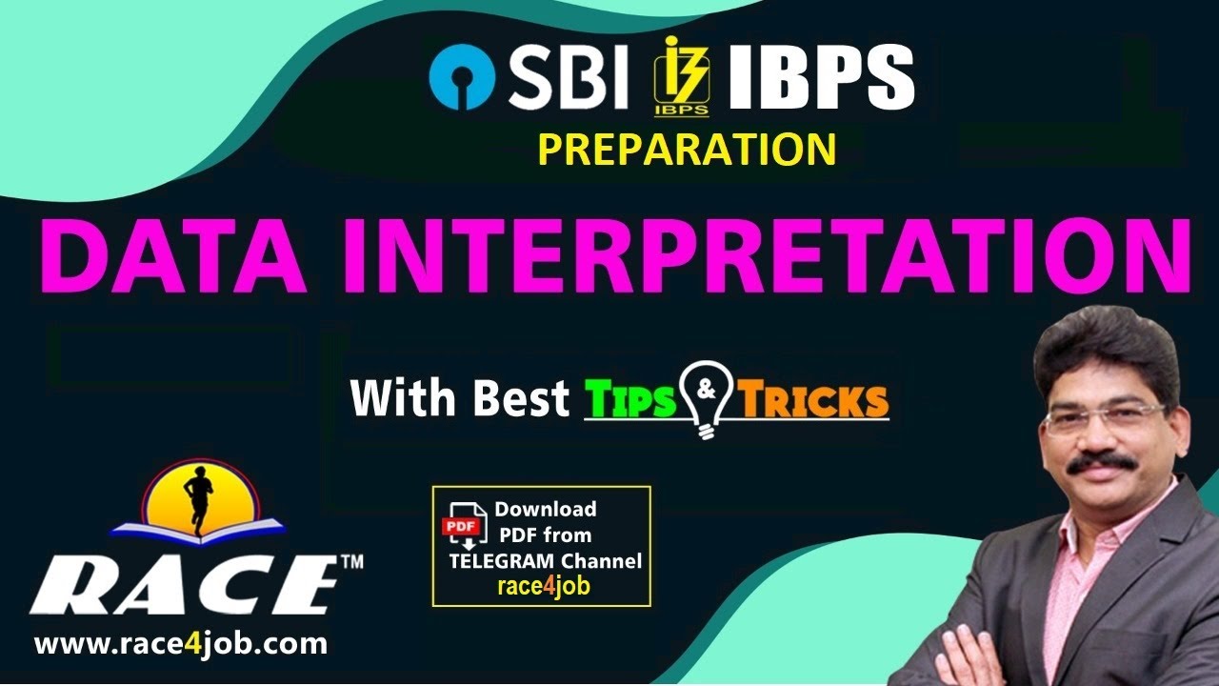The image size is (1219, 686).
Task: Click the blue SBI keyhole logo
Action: tap(461, 80)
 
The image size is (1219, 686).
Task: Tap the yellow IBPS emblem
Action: tap(680, 76)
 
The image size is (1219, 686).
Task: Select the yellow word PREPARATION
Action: tap(687, 150)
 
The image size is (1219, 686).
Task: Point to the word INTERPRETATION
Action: tap(769, 256)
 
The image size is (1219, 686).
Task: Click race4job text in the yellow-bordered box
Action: tap(544, 586)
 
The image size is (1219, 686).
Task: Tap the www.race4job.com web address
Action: tap(181, 644)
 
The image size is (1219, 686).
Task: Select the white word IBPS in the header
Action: tap(820, 78)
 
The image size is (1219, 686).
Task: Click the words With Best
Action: tap(460, 398)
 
